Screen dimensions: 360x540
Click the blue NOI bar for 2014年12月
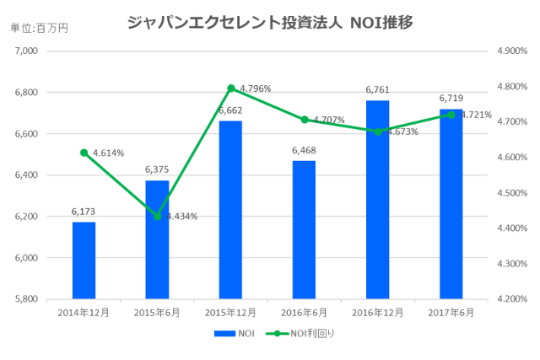pos(84,261)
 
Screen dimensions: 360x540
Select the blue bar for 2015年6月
pos(157,239)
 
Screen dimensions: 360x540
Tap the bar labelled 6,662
pos(230,210)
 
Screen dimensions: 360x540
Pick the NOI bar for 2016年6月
pos(304,229)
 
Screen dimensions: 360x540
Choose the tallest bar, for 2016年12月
pos(377,200)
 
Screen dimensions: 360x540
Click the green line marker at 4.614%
pos(84,153)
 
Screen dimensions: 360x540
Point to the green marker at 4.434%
pos(157,217)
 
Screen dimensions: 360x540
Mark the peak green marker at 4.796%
pos(230,88)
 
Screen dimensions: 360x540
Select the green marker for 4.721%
pos(451,115)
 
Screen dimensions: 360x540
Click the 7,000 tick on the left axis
pos(28,51)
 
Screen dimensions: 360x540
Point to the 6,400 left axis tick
pos(28,175)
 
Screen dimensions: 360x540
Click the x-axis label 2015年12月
pos(230,312)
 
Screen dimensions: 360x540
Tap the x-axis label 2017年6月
pos(451,312)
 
